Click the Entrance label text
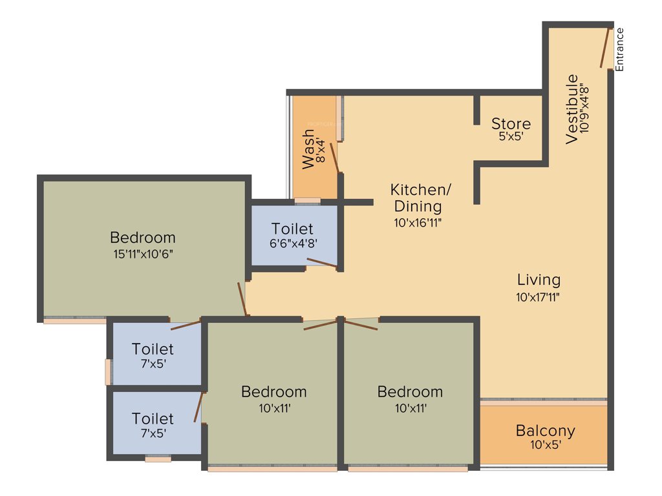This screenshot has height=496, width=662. pos(619,49)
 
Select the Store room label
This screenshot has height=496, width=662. pos(511,123)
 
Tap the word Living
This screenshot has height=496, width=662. pos(539,280)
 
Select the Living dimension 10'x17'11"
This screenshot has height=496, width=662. pos(538,297)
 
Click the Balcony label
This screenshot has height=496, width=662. pos(545,430)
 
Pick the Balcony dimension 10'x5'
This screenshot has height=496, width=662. pos(545,445)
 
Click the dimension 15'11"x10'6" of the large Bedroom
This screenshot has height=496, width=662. pos(142,253)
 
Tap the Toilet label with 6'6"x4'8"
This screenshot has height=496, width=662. pos(292,229)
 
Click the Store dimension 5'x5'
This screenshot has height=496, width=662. pos(511,137)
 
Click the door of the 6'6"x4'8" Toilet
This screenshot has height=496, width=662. pos(321,262)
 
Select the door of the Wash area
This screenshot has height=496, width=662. pos(334,158)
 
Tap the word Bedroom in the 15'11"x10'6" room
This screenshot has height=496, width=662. pos(142,237)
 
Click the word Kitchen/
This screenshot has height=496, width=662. pos(420,190)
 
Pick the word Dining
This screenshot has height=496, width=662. pos(418,207)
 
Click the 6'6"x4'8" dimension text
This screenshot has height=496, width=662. pos(292,243)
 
